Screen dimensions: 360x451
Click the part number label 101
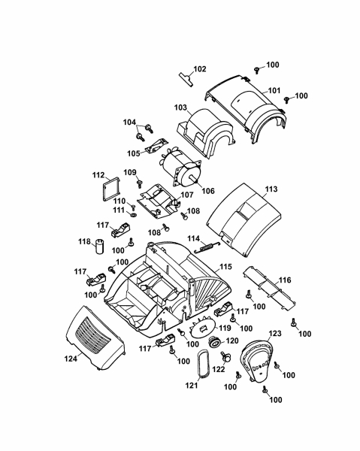(274, 90)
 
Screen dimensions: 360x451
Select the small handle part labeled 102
(186, 78)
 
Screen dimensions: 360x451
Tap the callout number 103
(180, 107)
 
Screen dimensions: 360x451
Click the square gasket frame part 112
(110, 188)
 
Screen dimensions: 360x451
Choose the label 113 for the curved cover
(271, 189)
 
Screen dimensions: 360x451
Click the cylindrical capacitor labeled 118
(99, 247)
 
